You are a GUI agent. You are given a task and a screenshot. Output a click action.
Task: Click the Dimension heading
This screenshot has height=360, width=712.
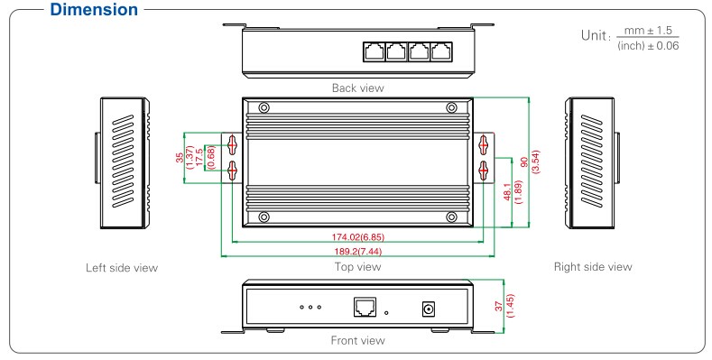(x=94, y=10)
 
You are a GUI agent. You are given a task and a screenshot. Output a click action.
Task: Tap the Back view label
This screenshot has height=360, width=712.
(x=358, y=88)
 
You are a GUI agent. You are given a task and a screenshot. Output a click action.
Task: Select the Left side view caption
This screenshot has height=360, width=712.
(x=122, y=268)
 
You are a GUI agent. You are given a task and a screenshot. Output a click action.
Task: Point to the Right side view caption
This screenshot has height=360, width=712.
(x=593, y=267)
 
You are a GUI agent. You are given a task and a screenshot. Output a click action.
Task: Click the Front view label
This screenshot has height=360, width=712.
(x=358, y=340)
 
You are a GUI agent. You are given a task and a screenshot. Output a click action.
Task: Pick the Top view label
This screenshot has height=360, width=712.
(x=358, y=267)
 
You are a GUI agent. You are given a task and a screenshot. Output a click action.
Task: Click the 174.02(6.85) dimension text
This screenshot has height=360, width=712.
(x=358, y=237)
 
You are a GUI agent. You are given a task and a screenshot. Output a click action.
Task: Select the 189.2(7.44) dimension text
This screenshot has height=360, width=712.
(x=358, y=252)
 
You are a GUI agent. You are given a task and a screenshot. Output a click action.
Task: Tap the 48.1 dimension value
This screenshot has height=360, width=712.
(x=508, y=191)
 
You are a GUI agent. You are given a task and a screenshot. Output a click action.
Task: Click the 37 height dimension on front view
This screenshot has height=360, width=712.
(x=499, y=307)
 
